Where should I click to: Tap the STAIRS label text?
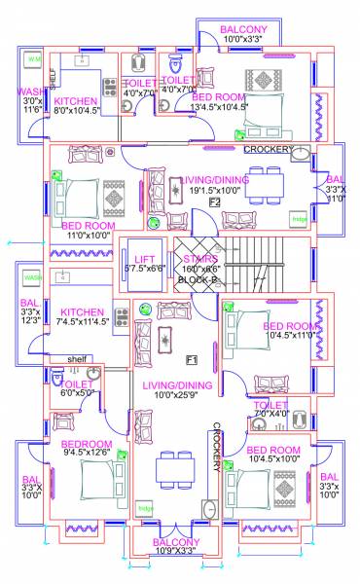click(199, 259)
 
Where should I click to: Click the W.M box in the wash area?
click(33, 60)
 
